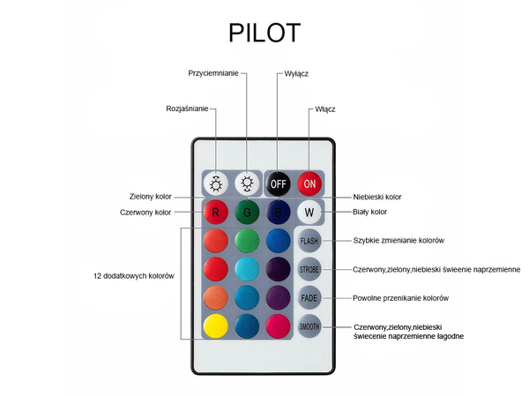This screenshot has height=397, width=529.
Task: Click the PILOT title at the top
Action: (264, 33)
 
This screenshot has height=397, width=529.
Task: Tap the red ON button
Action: (309, 184)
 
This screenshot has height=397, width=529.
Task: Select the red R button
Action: (217, 212)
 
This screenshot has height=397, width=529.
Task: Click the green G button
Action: (248, 212)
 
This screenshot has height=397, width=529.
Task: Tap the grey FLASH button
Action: (309, 241)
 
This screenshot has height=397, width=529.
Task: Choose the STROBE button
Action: (309, 269)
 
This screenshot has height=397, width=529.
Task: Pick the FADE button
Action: (309, 298)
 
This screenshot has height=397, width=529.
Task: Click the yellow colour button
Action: (217, 326)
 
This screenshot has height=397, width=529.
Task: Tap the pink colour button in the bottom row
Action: (279, 326)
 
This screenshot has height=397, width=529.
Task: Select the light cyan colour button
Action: (248, 269)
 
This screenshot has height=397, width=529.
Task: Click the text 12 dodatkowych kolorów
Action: (134, 276)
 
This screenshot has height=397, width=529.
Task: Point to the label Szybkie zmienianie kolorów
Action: (399, 241)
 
